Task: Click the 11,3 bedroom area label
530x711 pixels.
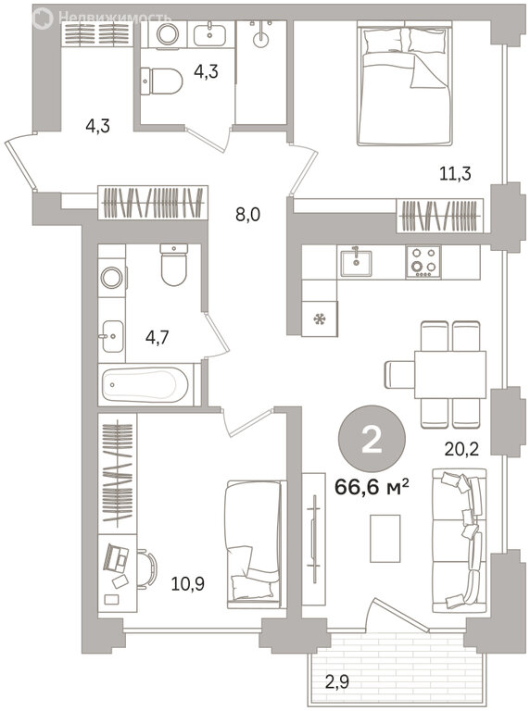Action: (455, 173)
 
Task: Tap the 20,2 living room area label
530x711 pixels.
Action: (461, 450)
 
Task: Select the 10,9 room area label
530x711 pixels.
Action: (187, 584)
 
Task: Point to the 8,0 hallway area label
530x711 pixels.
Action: (247, 215)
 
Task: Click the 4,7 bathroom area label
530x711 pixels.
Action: (157, 338)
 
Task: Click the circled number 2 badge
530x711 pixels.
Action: (372, 439)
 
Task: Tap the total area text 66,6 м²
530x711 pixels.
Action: (372, 488)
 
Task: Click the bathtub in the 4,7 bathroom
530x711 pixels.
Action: (145, 384)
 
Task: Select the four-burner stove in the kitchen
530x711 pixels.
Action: (423, 262)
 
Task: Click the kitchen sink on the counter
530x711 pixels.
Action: (356, 262)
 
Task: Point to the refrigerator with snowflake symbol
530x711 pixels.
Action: (320, 319)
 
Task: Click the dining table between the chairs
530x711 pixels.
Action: (449, 375)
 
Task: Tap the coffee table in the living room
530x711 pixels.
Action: (385, 538)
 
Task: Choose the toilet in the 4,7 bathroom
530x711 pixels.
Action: (174, 266)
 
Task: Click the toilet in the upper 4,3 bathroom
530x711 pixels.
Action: (161, 81)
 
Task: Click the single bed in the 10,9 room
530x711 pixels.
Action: (254, 544)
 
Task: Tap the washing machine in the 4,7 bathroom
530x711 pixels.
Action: (111, 278)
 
